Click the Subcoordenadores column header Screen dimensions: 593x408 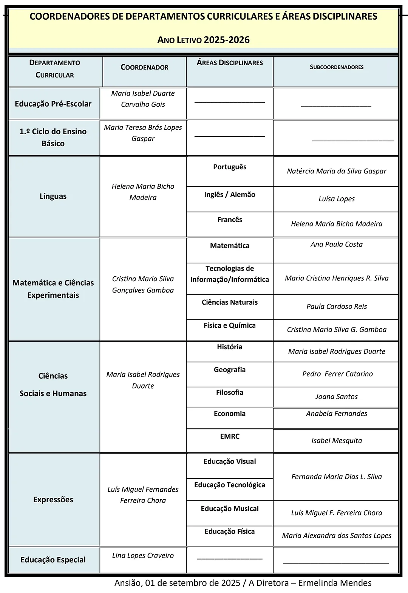click(336, 67)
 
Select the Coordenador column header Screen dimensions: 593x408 click(144, 67)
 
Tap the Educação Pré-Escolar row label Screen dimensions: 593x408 click(53, 104)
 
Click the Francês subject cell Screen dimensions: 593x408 click(230, 220)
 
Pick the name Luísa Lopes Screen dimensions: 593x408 click(336, 199)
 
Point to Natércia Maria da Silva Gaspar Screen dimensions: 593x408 click(336, 171)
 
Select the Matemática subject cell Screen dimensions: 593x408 click(230, 246)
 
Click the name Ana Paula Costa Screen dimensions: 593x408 click(336, 245)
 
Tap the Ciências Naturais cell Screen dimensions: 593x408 click(230, 302)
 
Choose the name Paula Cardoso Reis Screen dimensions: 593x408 click(336, 307)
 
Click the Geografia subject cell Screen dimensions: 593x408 click(230, 370)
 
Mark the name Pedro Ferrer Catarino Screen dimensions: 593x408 click(337, 374)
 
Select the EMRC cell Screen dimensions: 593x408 click(230, 436)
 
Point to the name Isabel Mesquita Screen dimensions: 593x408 click(336, 441)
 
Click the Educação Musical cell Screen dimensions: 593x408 click(230, 509)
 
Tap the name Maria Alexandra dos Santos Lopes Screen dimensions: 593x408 click(336, 536)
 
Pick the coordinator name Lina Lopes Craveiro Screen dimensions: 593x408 click(143, 556)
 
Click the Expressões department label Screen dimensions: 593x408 click(53, 500)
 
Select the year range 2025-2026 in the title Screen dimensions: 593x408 click(227, 40)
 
